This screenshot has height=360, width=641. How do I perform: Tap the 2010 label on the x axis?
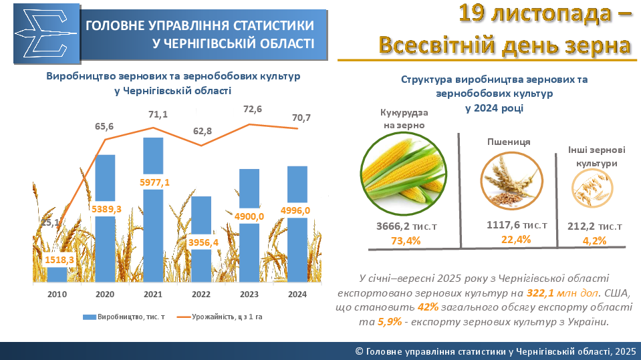pos(57,294)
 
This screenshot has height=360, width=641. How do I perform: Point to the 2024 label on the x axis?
pos(297,294)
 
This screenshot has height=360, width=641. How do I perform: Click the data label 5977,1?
pos(154,182)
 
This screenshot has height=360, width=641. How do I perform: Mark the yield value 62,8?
pos(202,131)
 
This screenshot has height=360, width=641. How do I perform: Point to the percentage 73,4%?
pos(405,240)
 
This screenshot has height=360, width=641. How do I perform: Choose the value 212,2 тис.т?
pos(595,227)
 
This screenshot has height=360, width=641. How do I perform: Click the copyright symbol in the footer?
pos(359,351)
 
